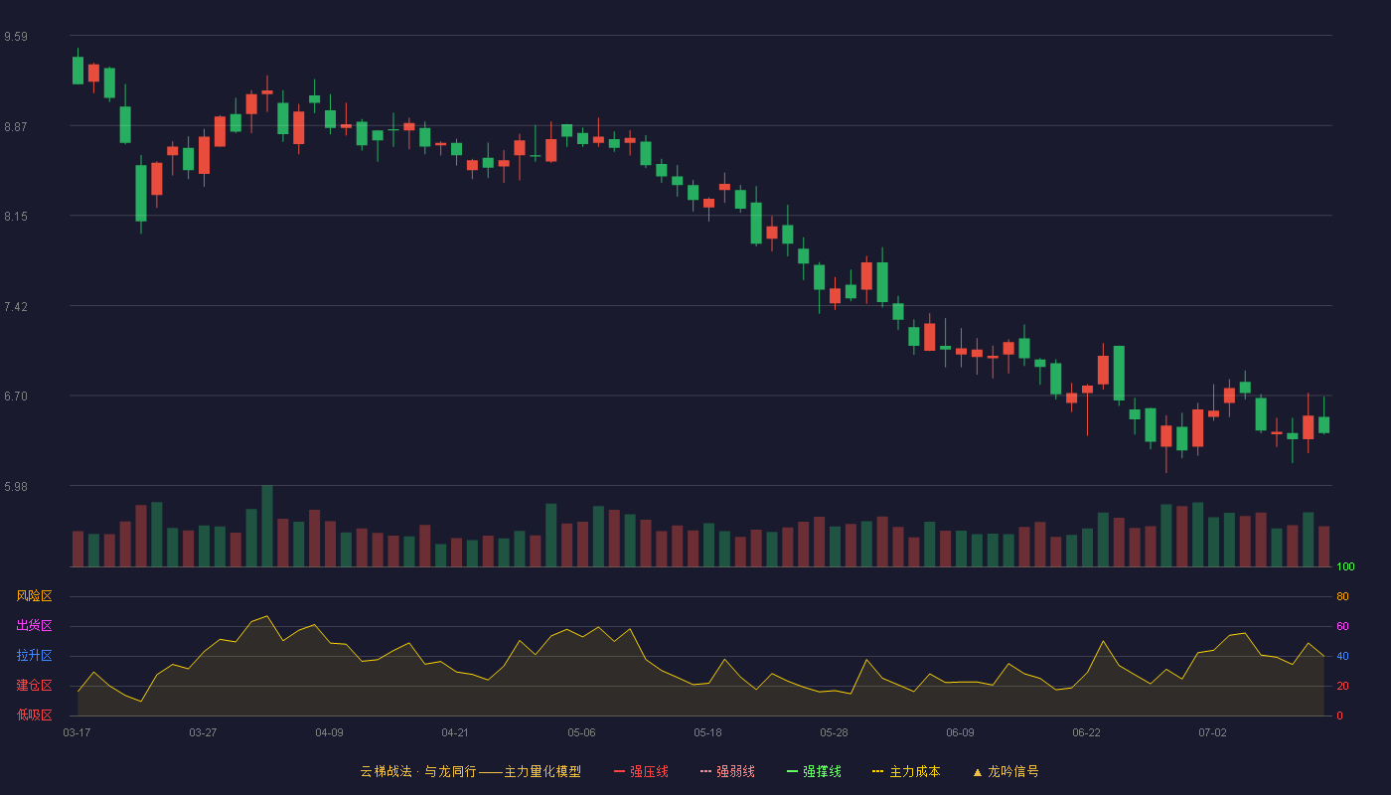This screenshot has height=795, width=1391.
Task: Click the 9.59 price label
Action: click(16, 37)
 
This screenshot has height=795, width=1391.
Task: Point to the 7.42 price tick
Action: click(16, 307)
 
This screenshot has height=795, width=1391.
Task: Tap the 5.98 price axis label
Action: click(16, 487)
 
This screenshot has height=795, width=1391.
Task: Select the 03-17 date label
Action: click(77, 733)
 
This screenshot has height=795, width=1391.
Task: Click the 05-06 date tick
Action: click(581, 733)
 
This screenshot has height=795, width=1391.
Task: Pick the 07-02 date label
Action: click(1212, 733)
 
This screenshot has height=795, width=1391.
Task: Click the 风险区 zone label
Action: click(34, 596)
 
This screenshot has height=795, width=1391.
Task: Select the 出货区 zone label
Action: click(34, 625)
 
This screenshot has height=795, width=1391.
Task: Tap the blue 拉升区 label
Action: click(34, 655)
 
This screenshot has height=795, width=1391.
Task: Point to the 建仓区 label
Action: click(34, 685)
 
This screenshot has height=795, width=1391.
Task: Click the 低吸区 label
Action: click(34, 715)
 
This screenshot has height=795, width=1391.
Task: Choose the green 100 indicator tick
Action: click(1345, 566)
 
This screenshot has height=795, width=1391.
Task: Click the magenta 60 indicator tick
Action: click(1342, 626)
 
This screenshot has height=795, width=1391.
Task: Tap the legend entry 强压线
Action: click(641, 771)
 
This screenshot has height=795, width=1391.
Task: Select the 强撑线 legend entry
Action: click(814, 771)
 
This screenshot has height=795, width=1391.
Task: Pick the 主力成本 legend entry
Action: click(906, 771)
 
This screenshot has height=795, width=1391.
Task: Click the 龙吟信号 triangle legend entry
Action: click(1005, 771)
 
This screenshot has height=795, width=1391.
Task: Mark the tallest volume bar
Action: click(267, 526)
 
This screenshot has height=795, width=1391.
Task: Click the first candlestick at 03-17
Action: click(77, 67)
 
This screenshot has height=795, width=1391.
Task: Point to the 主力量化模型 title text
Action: click(542, 771)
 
